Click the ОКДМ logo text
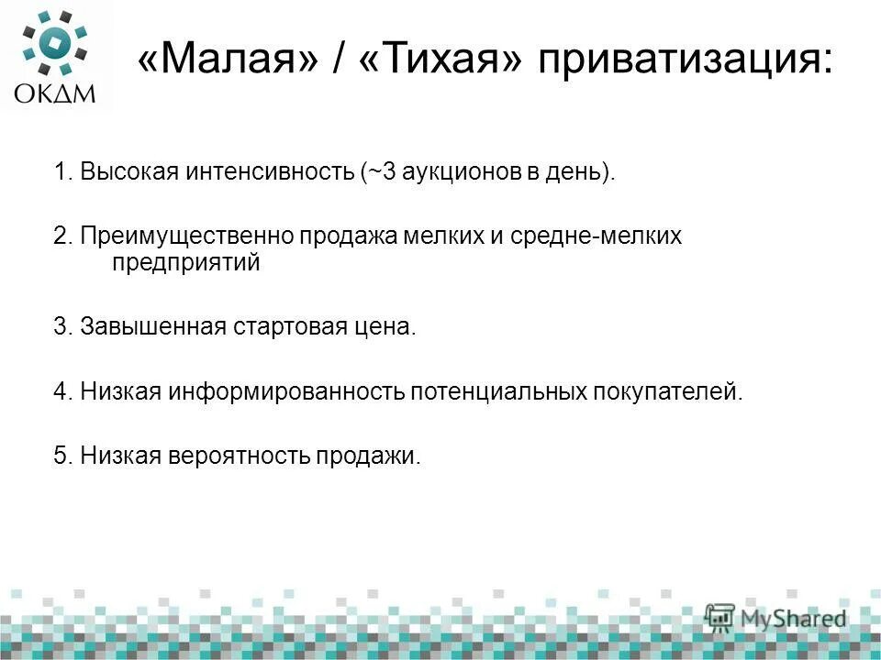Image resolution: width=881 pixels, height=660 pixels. pos(53,93)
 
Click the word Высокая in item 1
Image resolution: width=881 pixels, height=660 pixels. pos(122,171)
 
